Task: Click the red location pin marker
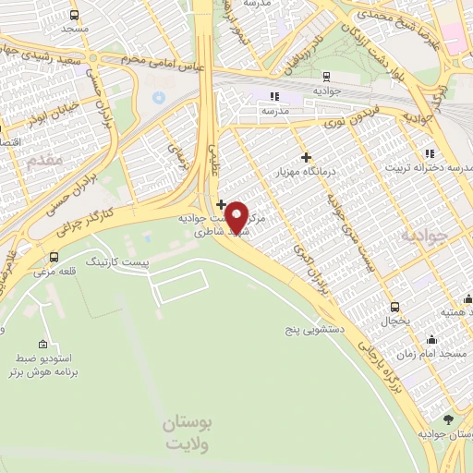[237, 216]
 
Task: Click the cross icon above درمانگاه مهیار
[307, 156]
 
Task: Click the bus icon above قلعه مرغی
[54, 257]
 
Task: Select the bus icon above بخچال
[395, 307]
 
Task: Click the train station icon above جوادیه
[325, 77]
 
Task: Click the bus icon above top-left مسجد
[74, 15]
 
